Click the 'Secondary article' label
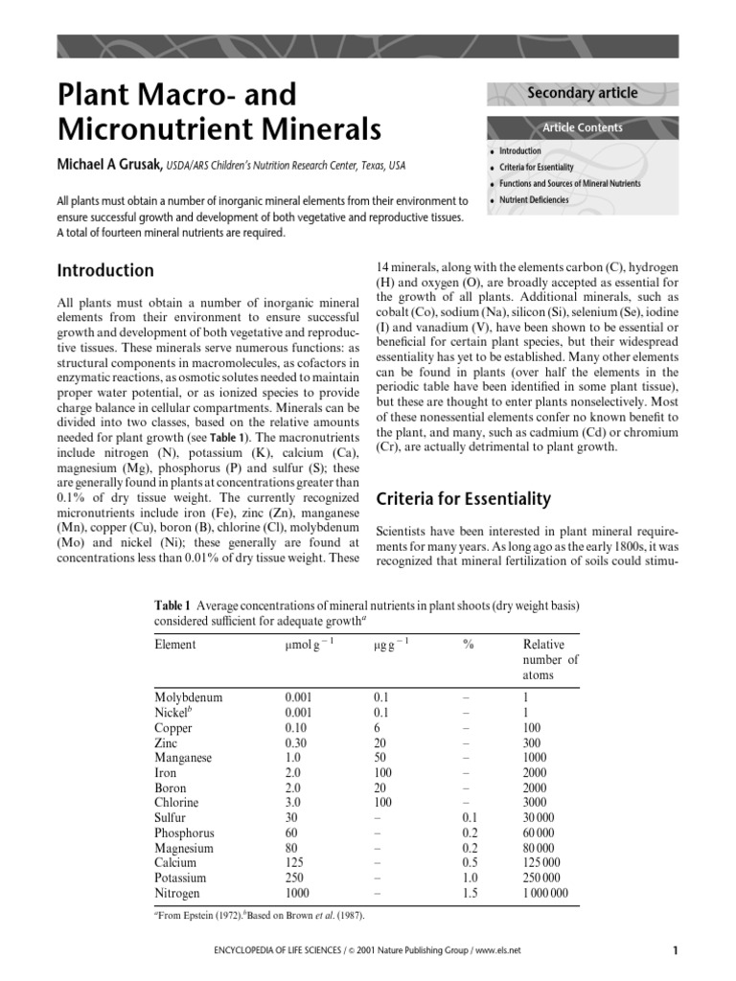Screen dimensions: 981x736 coord(582,93)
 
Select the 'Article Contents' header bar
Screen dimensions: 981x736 coord(582,127)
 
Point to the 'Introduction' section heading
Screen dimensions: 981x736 coord(105,270)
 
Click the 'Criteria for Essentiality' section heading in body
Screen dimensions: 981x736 coord(463,499)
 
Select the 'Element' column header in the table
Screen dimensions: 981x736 coord(175,645)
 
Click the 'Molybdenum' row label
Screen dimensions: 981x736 coord(189,697)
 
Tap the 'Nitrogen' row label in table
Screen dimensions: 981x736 coord(177,893)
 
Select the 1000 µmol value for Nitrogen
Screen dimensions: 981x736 coord(298,893)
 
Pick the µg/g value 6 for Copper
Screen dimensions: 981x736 coord(377,728)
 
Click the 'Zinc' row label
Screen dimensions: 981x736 coord(166,742)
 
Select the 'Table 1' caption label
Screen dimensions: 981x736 coord(173,605)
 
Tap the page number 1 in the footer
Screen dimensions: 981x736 coord(675,950)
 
